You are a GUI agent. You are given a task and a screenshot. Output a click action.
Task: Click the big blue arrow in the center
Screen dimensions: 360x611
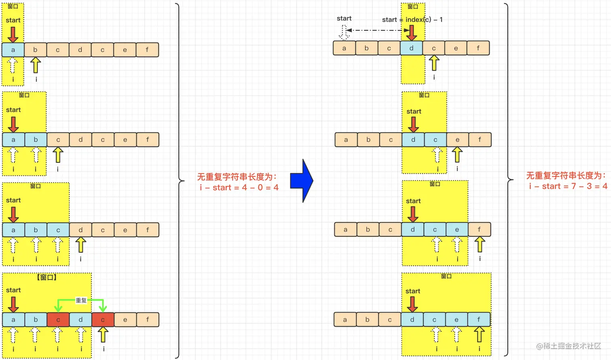(x=302, y=181)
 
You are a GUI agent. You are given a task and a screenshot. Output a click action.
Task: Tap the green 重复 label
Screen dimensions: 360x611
(x=81, y=300)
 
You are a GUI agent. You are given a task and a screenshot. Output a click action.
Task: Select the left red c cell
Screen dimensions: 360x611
(x=58, y=320)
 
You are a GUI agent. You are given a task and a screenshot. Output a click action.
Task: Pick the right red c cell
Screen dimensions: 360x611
(x=103, y=320)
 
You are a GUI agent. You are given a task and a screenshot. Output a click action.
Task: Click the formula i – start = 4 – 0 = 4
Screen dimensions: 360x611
(x=239, y=187)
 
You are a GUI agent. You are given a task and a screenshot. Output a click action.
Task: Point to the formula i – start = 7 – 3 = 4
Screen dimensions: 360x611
(x=568, y=186)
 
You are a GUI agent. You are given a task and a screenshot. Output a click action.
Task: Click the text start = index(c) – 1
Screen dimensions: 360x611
(x=412, y=19)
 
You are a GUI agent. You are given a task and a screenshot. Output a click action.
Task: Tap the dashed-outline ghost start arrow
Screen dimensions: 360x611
(x=344, y=32)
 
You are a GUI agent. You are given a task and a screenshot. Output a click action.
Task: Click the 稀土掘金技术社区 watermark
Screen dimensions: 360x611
(x=568, y=346)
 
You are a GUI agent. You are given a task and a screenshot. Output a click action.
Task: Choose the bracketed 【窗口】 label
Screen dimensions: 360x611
(x=47, y=278)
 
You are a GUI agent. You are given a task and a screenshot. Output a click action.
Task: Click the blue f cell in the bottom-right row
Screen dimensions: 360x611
(x=479, y=320)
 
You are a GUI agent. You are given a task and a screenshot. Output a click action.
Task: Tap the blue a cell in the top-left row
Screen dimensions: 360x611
(x=13, y=50)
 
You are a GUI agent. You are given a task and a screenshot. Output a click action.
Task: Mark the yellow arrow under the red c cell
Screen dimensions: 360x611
(x=103, y=334)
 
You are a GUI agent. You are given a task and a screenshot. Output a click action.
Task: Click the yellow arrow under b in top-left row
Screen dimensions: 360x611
(x=36, y=65)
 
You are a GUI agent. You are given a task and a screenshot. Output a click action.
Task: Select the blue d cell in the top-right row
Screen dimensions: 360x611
(x=411, y=48)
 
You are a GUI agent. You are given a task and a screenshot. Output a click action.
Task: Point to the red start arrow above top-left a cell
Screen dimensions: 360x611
(x=13, y=34)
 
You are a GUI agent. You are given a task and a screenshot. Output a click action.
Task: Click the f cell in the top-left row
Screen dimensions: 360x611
(x=147, y=50)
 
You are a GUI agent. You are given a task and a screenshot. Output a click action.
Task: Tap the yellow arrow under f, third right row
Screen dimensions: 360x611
(x=480, y=244)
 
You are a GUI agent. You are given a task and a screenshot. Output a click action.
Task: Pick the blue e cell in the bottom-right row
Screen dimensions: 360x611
(x=457, y=320)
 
